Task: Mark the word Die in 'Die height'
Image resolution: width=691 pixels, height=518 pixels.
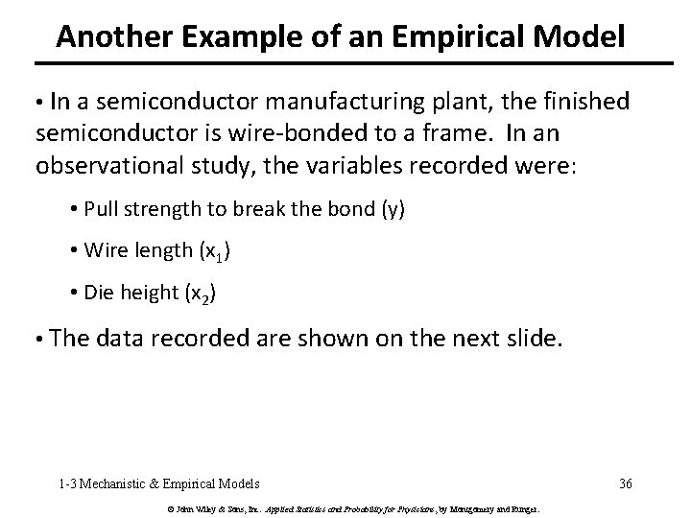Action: tap(98, 294)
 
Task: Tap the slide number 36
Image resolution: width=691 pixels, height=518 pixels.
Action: tap(626, 483)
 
